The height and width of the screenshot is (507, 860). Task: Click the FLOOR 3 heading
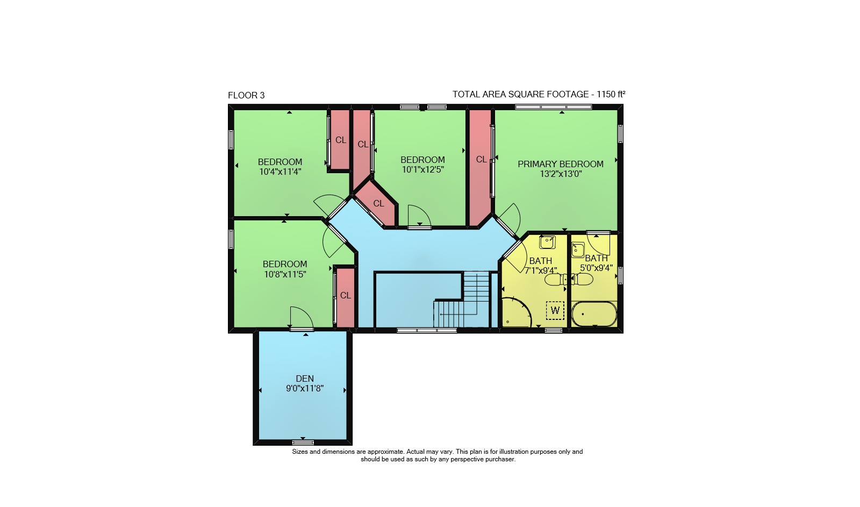point(246,95)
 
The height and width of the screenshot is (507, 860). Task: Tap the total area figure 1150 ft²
point(611,94)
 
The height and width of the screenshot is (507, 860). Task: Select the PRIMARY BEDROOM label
point(561,164)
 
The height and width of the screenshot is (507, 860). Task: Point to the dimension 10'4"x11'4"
point(280,172)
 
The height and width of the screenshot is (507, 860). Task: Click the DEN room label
point(305,379)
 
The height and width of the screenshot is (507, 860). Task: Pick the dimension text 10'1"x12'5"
point(422,169)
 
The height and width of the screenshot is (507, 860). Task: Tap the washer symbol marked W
point(555,310)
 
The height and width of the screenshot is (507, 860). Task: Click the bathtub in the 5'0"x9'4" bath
point(594,314)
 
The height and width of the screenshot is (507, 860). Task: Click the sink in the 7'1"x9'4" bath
point(547,242)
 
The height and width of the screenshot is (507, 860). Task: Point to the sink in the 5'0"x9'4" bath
point(578,249)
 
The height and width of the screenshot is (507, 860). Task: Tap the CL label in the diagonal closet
point(378,204)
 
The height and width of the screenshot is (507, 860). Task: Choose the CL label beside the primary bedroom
point(482,159)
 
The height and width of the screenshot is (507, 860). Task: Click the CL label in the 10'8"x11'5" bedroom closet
point(346,295)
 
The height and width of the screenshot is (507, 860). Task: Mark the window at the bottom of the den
point(303,442)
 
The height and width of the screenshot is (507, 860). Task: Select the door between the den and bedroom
point(302,329)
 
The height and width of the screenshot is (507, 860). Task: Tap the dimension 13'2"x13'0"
point(561,174)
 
